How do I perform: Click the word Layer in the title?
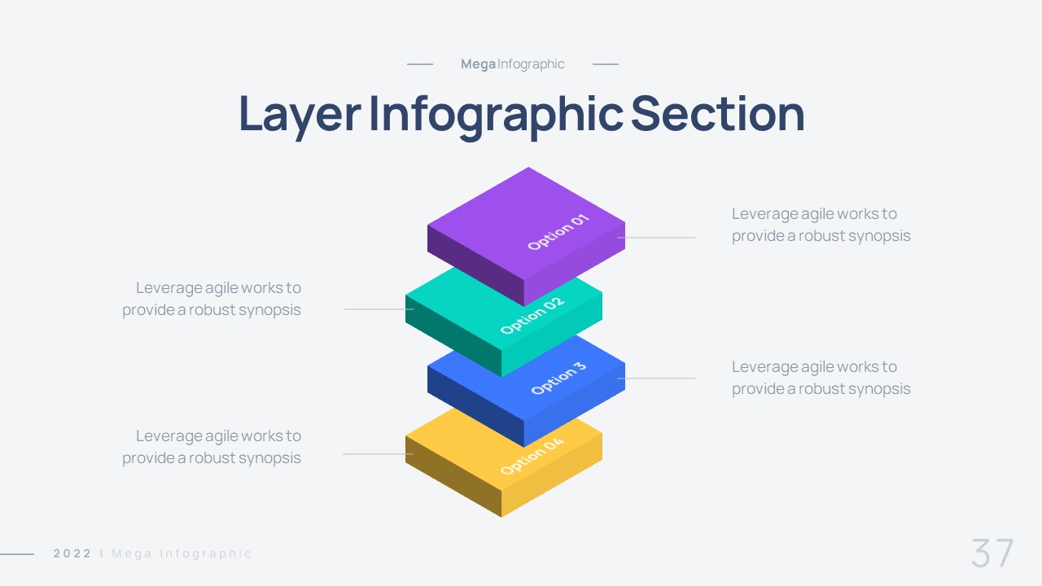pos(299,114)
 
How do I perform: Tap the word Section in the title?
pos(717,114)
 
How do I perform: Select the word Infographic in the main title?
pos(496,114)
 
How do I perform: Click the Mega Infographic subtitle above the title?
pos(512,64)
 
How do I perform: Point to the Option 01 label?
pos(558,231)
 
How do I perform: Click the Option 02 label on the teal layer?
pos(532,315)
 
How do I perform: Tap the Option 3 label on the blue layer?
pos(558,378)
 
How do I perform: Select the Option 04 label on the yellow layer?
pos(532,456)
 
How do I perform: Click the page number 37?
pos(992,554)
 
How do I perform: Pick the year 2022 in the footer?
pos(72,554)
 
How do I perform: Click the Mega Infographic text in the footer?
pos(182,554)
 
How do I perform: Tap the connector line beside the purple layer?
pos(657,238)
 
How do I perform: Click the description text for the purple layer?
pos(821,225)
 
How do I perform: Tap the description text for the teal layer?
pos(212,299)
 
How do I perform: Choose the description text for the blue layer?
pos(821,378)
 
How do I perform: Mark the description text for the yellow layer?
pos(212,447)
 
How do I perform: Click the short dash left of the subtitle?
pos(420,64)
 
